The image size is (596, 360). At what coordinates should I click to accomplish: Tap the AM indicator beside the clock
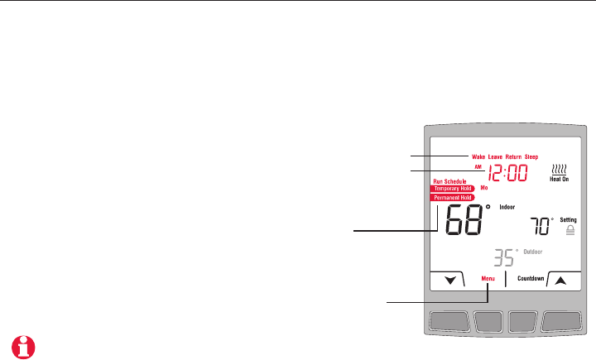478,167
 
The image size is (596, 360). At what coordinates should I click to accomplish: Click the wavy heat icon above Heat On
560,167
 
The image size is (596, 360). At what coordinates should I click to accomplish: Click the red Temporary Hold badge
452,189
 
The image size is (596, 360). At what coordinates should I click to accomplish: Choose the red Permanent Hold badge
452,198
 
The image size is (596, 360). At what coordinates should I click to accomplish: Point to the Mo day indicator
484,189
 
